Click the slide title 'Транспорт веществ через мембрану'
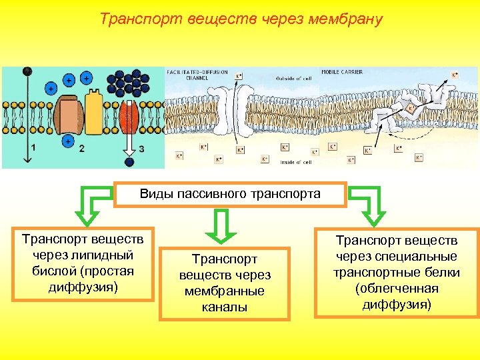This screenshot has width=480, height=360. (x=241, y=19)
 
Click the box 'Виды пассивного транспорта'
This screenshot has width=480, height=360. (x=230, y=194)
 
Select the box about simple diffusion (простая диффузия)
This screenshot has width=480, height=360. (x=83, y=263)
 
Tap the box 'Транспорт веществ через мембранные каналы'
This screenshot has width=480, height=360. (x=225, y=283)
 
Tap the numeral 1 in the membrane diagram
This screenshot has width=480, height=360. (x=34, y=148)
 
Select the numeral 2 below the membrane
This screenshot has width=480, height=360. (x=81, y=148)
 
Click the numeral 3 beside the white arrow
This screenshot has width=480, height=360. (x=141, y=148)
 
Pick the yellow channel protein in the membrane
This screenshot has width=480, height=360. (x=93, y=112)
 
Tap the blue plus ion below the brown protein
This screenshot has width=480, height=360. (x=67, y=141)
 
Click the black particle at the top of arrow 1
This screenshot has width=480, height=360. (x=27, y=71)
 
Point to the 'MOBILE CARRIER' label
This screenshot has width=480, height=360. (x=342, y=72)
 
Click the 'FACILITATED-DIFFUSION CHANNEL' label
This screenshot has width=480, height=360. (x=194, y=75)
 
